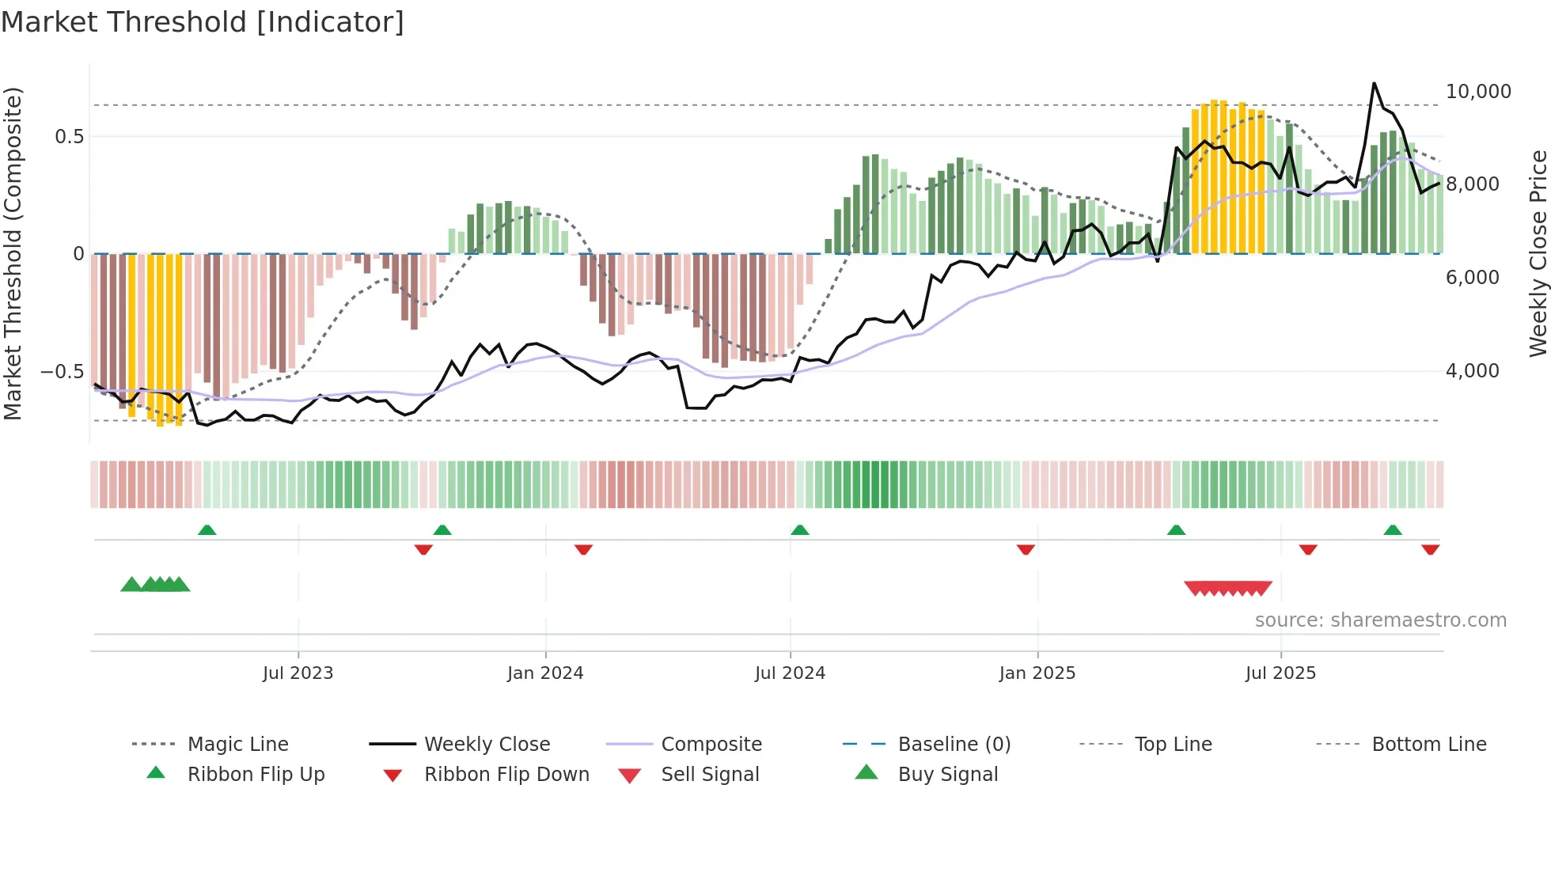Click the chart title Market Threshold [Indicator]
[203, 22]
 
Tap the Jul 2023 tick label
[298, 673]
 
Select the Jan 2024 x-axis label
[545, 673]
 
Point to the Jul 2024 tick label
[790, 673]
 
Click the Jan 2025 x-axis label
[1037, 673]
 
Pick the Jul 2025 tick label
[1280, 673]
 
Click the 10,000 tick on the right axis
[1478, 92]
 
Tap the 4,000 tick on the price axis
[1472, 371]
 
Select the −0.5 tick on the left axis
[62, 372]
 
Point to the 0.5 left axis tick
[69, 137]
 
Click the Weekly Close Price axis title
[1538, 253]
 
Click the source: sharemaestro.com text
[1380, 620]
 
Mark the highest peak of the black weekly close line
[1374, 83]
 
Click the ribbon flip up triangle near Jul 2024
[799, 529]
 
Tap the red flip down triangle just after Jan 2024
[583, 549]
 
